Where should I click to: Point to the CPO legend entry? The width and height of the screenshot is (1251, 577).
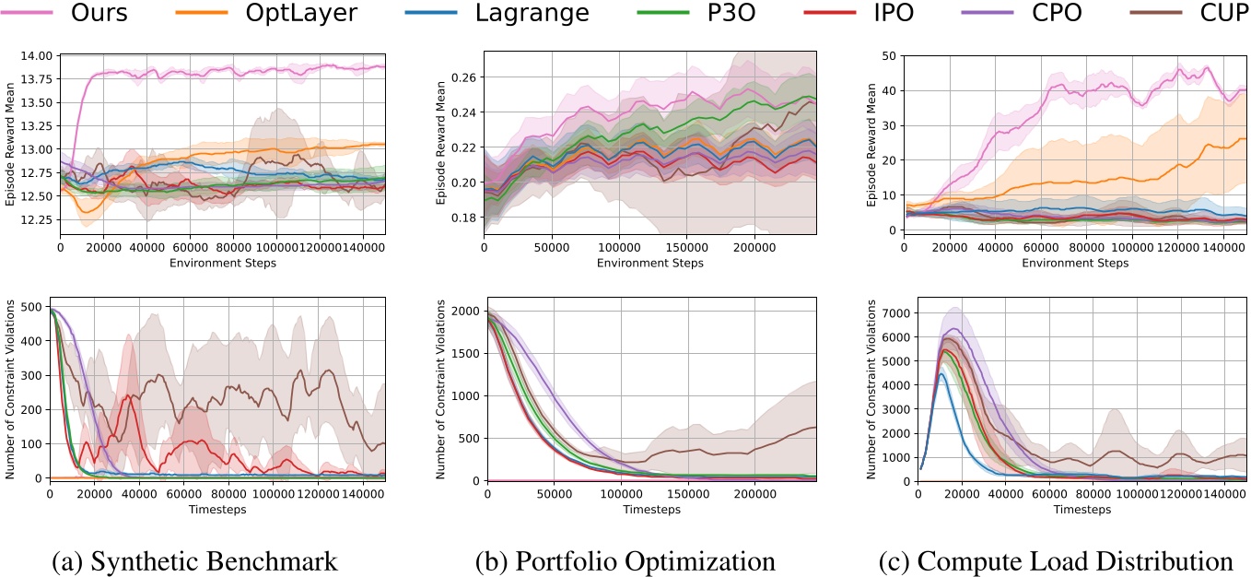(x=1036, y=14)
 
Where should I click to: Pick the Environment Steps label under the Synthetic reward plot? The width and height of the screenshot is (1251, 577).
(x=223, y=262)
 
